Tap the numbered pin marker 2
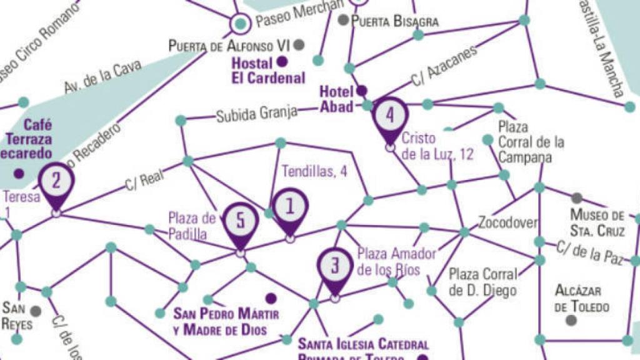pyautogui.click(x=56, y=182)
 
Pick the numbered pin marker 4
pyautogui.click(x=390, y=117)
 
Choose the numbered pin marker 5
pyautogui.click(x=241, y=222)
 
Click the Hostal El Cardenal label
pyautogui.click(x=268, y=70)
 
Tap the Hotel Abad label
pyautogui.click(x=337, y=99)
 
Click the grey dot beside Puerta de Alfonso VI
pyautogui.click(x=299, y=44)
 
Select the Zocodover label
pyautogui.click(x=508, y=222)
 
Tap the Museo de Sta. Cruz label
pyautogui.click(x=597, y=222)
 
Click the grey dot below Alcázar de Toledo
pyautogui.click(x=571, y=320)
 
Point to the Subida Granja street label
pyautogui.click(x=256, y=114)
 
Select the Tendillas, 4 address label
pyautogui.click(x=314, y=171)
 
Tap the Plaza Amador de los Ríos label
pyautogui.click(x=396, y=261)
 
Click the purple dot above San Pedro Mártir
pyautogui.click(x=271, y=298)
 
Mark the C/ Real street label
pyautogui.click(x=144, y=180)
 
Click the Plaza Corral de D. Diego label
pyautogui.click(x=483, y=282)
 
